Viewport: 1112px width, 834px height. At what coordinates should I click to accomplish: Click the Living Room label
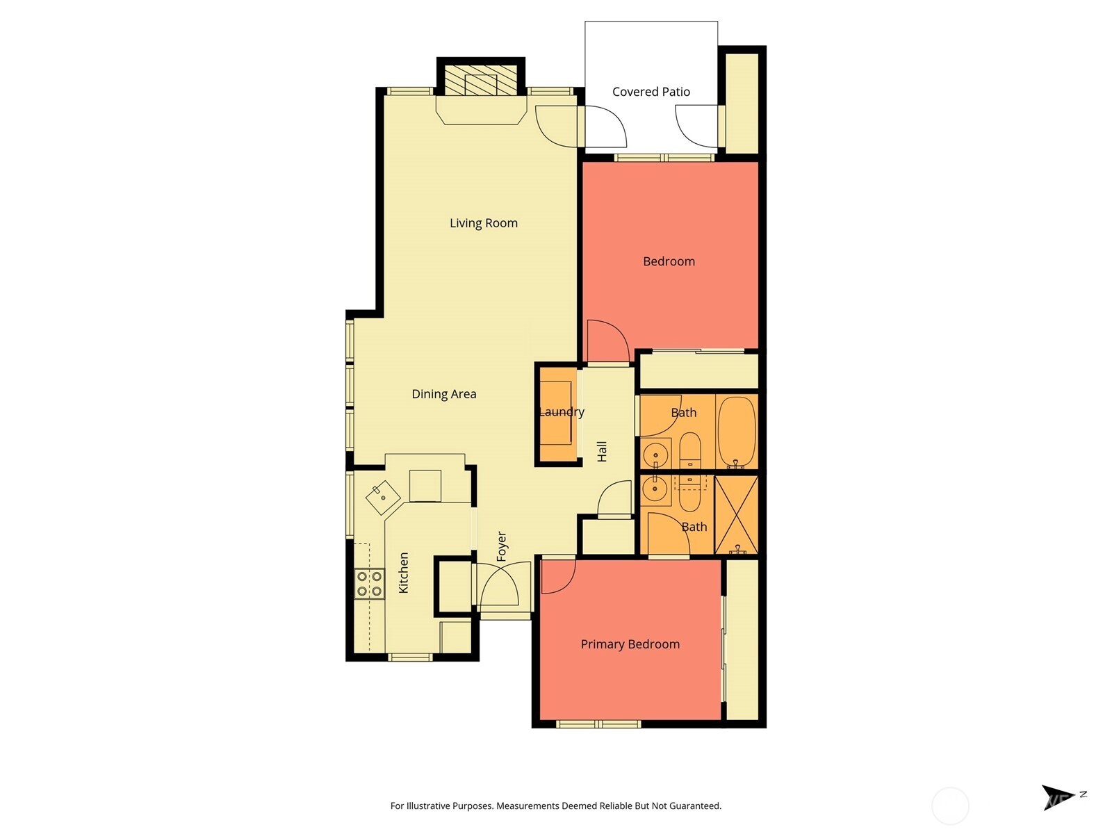click(483, 223)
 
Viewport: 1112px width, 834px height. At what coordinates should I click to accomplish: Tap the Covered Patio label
click(651, 92)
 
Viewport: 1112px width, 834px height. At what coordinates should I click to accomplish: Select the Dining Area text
click(443, 394)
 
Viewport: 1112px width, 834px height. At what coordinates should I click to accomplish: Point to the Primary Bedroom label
click(630, 644)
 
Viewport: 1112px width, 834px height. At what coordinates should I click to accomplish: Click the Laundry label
click(562, 412)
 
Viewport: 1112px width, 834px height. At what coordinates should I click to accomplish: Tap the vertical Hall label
click(602, 451)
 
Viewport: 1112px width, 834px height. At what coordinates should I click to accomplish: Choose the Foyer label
click(502, 546)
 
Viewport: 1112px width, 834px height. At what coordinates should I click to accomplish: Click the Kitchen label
click(403, 573)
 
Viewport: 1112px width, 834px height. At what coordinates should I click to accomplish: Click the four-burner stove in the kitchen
click(369, 584)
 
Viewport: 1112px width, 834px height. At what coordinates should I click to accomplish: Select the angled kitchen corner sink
click(382, 497)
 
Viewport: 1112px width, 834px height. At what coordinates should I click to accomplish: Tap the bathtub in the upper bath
click(736, 431)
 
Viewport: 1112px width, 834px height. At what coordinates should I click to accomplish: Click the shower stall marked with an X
click(736, 515)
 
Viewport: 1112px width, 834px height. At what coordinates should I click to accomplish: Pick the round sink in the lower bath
click(655, 489)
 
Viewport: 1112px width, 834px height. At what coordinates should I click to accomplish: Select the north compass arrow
click(1056, 796)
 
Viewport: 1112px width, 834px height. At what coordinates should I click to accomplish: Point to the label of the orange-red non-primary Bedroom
click(669, 261)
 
